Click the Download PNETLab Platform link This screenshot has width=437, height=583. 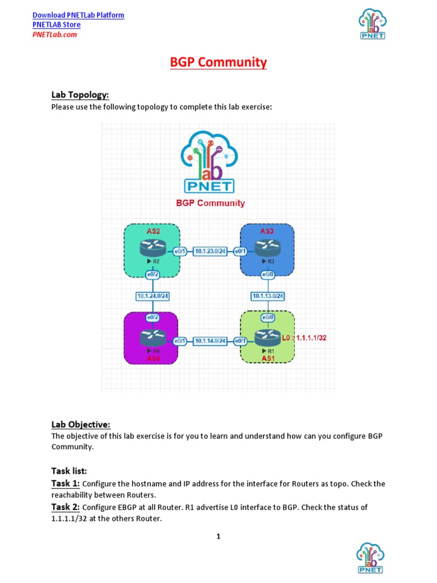coord(79,15)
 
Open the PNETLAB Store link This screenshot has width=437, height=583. coord(56,24)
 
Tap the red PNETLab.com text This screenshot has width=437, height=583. coord(55,34)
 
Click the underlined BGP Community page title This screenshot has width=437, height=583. coord(218,62)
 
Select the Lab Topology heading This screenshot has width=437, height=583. coord(80,95)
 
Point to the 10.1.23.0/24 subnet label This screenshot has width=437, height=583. coord(211,251)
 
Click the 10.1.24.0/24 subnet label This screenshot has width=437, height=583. coord(152,295)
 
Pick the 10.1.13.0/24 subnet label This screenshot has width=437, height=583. coord(268,295)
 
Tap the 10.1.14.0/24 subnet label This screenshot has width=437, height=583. coord(211,341)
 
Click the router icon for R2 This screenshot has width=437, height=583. coord(152,248)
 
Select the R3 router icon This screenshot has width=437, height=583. coord(267,248)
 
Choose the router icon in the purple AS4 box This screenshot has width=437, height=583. coord(152,338)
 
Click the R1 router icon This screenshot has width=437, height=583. coord(267,338)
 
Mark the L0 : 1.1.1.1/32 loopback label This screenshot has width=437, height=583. coord(304,338)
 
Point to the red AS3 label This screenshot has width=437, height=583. coord(267,231)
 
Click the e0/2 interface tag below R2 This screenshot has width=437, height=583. coord(152,274)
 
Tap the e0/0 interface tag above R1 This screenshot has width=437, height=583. coord(267,317)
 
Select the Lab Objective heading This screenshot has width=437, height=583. coord(80,424)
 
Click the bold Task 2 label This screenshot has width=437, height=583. coord(65,507)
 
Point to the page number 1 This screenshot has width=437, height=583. coord(218,536)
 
